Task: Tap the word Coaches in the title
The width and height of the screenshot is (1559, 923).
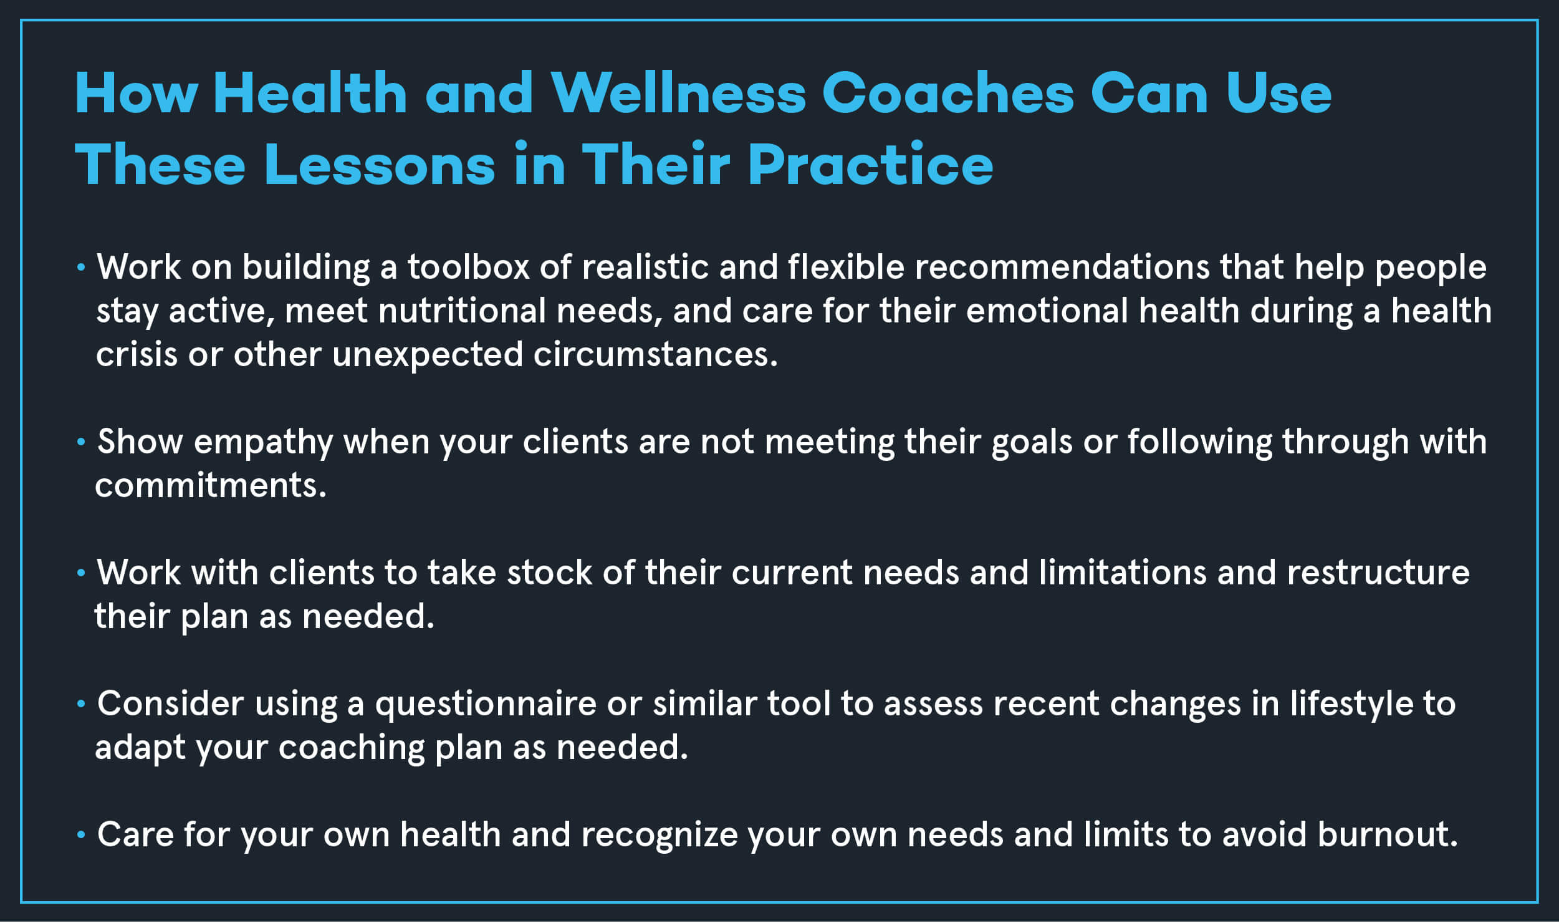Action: coord(948,93)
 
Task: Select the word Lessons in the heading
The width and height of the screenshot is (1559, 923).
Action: coord(380,165)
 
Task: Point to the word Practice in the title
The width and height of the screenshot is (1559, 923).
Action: coord(871,165)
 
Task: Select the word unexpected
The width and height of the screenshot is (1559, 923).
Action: coord(428,355)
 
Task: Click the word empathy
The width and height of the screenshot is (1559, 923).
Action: coord(264,443)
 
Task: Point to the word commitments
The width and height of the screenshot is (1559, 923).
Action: coord(211,486)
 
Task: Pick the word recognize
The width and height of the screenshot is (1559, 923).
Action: coord(660,836)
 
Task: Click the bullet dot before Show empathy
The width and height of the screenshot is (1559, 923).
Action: coord(80,442)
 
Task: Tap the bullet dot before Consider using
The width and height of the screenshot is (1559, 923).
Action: coord(80,704)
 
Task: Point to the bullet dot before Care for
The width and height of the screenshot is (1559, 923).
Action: coord(80,835)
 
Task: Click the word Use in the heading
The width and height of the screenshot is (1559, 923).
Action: coord(1278,93)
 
